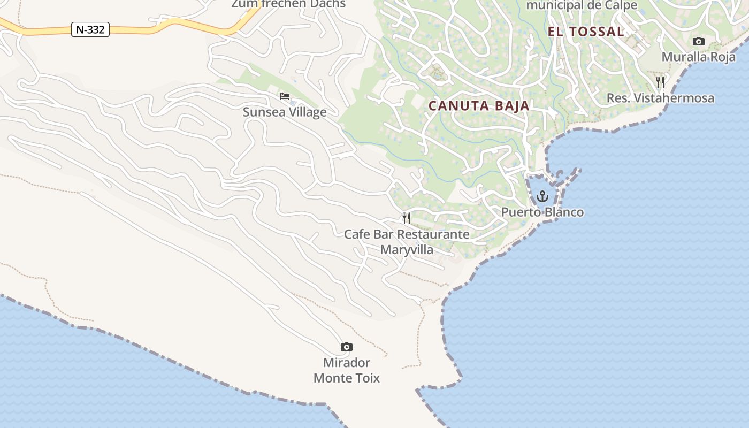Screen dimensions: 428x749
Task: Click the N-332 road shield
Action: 90,29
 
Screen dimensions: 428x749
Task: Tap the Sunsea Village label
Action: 284,112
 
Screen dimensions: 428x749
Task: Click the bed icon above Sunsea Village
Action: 285,96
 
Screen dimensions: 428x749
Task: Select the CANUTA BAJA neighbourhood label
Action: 479,106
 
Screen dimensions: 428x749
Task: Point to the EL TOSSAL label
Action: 586,32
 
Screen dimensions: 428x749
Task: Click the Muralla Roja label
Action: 698,57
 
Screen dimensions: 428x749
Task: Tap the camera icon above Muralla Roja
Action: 698,42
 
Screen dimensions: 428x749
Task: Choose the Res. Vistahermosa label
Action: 660,98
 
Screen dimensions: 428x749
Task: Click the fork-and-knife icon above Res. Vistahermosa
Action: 660,82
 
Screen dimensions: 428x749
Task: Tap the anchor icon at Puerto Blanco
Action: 542,196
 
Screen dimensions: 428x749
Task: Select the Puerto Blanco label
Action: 542,212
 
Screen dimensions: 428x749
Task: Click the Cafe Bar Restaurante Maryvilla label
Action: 407,242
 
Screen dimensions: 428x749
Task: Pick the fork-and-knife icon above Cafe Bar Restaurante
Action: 407,218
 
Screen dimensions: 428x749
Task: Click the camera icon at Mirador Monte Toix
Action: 347,347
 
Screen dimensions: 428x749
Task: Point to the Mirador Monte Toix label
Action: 347,370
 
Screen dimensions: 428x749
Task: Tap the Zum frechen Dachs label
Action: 288,4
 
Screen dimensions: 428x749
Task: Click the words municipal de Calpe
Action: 582,5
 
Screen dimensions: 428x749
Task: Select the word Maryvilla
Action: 407,250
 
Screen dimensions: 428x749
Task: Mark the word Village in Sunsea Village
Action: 307,112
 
